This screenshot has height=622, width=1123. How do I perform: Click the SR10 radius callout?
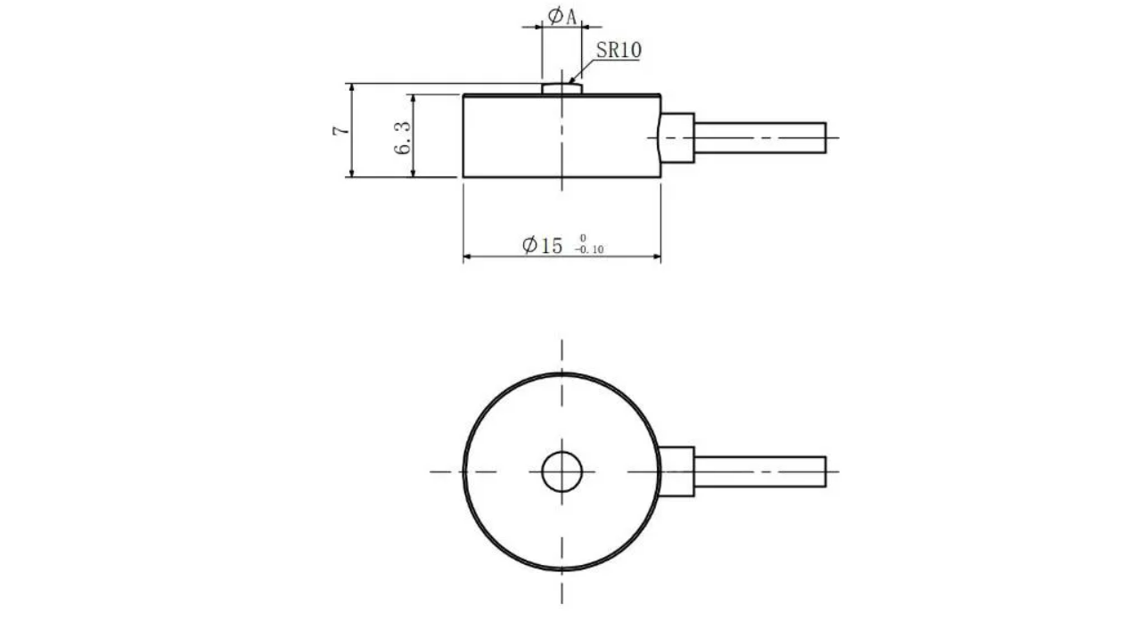point(618,50)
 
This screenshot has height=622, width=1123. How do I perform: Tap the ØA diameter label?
point(561,16)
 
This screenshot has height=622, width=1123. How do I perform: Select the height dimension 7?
point(340,130)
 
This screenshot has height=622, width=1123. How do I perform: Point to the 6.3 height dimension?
point(404,136)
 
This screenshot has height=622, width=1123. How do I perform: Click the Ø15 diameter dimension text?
point(543,246)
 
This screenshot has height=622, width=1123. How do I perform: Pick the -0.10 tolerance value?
point(589,250)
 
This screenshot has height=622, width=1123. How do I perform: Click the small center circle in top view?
point(561,471)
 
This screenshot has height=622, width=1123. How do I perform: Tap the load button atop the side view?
point(561,87)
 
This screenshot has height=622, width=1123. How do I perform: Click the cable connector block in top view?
point(677,471)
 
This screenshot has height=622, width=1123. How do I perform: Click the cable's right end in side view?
point(824,136)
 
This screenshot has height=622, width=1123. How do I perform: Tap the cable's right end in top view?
point(824,471)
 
